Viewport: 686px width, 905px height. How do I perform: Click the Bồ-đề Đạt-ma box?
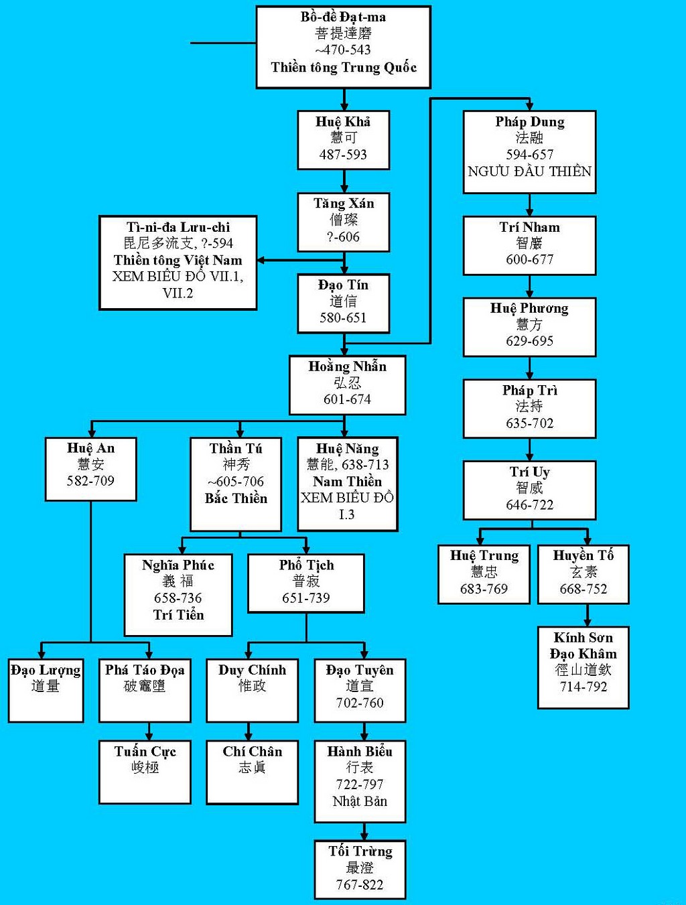[x=343, y=47]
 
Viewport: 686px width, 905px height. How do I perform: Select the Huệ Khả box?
[x=343, y=139]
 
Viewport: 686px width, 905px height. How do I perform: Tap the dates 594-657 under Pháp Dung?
[x=529, y=154]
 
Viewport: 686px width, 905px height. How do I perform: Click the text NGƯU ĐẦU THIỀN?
[x=529, y=171]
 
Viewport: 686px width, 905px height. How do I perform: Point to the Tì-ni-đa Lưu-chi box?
[x=178, y=262]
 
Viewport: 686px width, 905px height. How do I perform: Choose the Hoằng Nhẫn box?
[x=347, y=385]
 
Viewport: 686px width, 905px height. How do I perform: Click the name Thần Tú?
[x=236, y=448]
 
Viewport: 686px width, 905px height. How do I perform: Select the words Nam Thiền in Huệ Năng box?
[x=347, y=481]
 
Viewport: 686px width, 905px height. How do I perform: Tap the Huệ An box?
[x=90, y=468]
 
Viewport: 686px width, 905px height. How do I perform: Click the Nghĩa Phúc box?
[x=178, y=594]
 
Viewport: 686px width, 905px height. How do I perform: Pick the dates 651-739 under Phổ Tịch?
[x=306, y=598]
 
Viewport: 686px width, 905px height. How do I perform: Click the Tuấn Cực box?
[x=145, y=771]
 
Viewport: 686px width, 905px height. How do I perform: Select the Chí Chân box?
[x=252, y=771]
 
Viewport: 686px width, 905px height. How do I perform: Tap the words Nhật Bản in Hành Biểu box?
[x=360, y=801]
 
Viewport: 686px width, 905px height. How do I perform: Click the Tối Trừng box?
[x=360, y=869]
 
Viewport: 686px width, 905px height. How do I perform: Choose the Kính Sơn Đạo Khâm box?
[x=583, y=667]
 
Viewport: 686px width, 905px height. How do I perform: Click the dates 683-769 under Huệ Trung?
[x=484, y=589]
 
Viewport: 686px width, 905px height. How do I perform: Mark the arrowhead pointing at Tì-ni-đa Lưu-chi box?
[x=262, y=260]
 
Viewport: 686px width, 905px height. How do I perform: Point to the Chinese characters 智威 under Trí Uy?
[x=529, y=488]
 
